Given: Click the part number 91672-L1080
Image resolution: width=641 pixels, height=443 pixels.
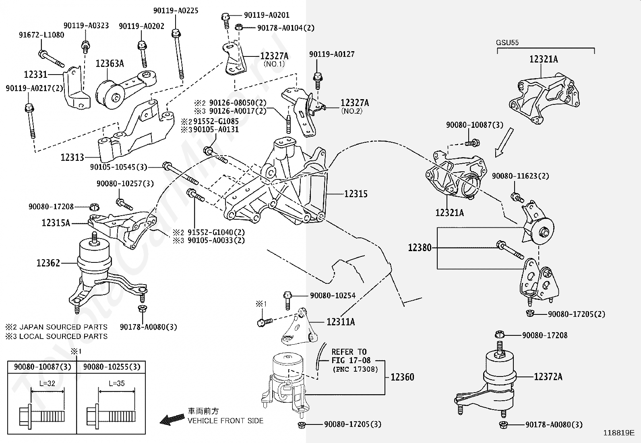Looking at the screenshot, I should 41,35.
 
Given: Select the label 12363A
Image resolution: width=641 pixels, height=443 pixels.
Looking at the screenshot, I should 110,63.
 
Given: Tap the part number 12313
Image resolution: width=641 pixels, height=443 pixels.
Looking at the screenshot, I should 72,157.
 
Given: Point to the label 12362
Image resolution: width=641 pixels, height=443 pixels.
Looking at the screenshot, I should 48,263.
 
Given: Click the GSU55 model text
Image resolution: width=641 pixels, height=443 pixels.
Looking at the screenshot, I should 507,42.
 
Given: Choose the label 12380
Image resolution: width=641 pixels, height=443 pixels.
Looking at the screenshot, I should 420,247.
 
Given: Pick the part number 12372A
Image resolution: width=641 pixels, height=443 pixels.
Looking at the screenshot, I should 548,377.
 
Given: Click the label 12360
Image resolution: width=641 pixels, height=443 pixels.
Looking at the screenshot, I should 402,377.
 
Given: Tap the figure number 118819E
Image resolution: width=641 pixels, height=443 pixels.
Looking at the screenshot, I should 618,433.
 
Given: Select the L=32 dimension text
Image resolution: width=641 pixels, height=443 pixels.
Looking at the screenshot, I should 47,383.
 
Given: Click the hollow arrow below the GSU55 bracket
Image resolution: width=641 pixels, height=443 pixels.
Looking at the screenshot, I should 504,142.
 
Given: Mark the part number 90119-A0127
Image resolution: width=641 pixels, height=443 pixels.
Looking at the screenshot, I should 332,54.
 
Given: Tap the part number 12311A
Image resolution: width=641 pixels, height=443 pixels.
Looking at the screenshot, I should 341,322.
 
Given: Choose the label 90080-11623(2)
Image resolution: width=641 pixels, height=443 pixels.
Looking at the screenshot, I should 520,176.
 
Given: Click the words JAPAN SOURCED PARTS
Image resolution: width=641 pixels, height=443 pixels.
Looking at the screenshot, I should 63,327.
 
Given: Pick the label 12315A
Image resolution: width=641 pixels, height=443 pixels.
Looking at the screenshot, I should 56,223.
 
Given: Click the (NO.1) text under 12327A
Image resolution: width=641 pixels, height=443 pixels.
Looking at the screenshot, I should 274,64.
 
